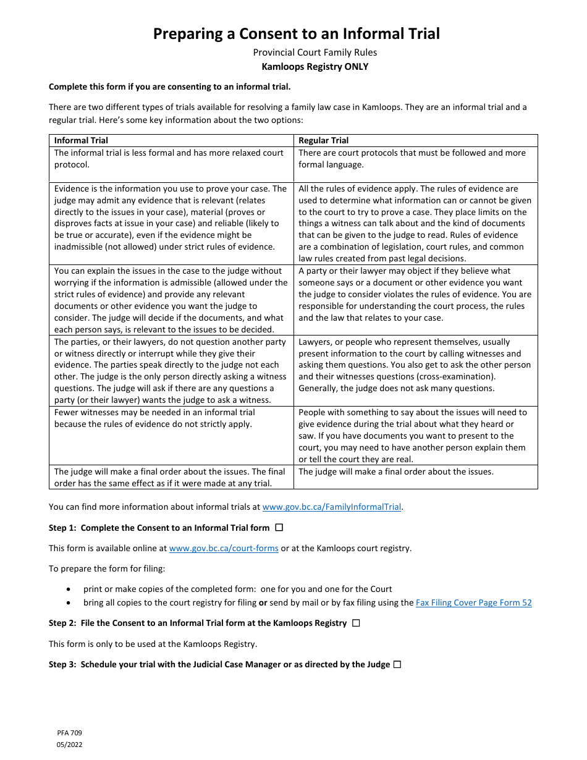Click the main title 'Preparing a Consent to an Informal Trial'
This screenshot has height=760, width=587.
297,33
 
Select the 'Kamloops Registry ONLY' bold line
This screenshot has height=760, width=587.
315,67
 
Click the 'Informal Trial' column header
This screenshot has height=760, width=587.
81,141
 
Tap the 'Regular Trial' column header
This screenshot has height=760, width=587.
323,141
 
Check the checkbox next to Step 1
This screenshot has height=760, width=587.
279,528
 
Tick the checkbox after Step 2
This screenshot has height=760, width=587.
356,623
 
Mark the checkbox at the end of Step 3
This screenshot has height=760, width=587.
397,664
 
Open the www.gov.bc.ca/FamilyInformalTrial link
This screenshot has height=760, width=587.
332,507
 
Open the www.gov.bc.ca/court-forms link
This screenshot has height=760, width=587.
224,548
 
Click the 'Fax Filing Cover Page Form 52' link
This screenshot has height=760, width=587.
473,602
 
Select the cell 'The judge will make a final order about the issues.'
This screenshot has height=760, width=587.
396,472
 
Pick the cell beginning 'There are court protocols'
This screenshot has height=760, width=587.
412,159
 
